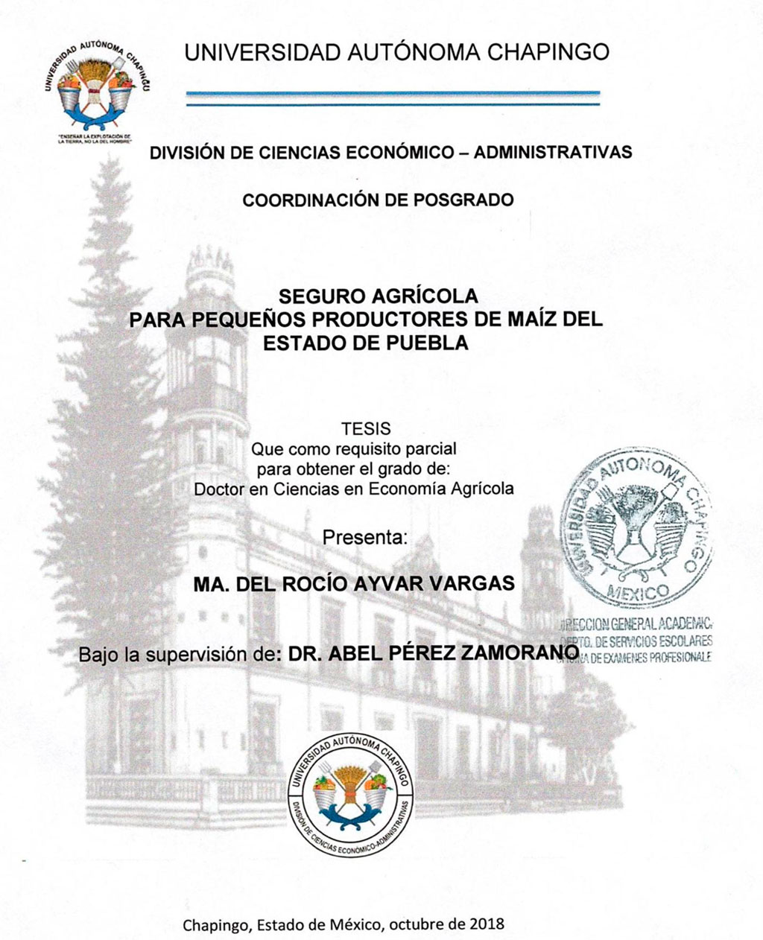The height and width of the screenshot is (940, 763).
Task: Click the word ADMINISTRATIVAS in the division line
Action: click(x=553, y=153)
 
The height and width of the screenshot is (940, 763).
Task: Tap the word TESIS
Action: click(x=365, y=430)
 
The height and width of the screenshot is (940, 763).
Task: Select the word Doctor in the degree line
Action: click(x=218, y=489)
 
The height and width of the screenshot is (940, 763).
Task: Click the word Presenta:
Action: click(x=365, y=538)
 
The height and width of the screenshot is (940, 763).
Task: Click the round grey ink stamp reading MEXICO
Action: click(x=635, y=530)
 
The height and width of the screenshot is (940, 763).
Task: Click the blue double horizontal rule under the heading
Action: click(x=393, y=98)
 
